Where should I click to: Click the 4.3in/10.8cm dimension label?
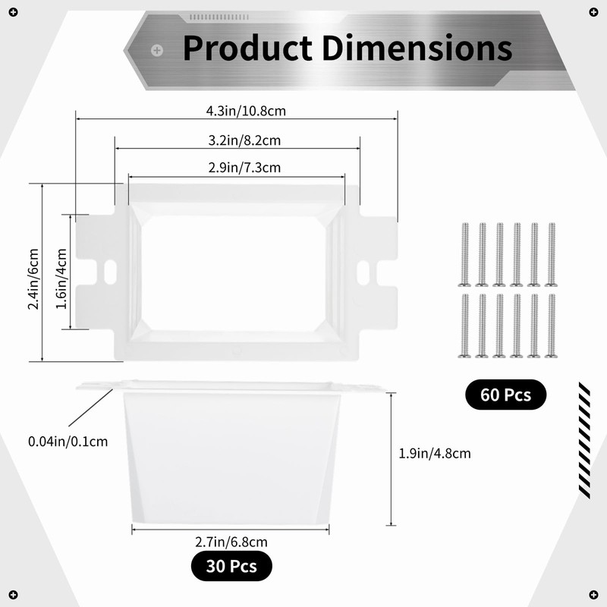pyautogui.click(x=246, y=111)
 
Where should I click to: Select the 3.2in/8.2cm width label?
pyautogui.click(x=244, y=140)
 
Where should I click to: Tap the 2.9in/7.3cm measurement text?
pyautogui.click(x=244, y=168)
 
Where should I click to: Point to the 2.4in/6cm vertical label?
pyautogui.click(x=33, y=278)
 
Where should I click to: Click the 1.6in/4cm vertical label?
pyautogui.click(x=61, y=278)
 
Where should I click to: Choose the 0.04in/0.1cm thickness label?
pyautogui.click(x=68, y=442)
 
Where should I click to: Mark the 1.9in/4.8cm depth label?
pyautogui.click(x=435, y=453)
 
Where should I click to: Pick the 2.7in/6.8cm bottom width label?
pyautogui.click(x=231, y=542)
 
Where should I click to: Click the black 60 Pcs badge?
pyautogui.click(x=505, y=395)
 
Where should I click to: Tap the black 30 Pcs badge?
pyautogui.click(x=231, y=566)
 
